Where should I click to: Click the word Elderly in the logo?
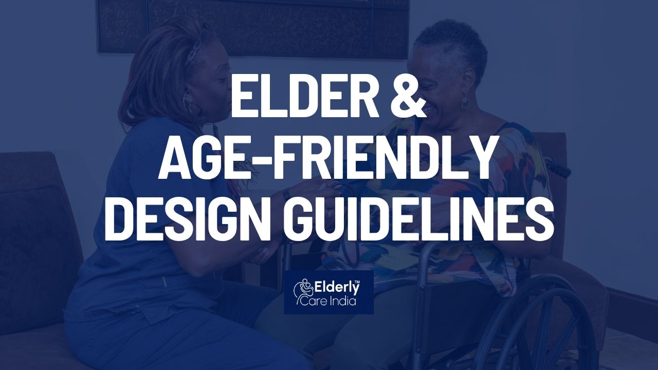[337, 289]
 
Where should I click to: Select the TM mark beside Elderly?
[357, 283]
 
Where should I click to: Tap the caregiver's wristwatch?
[286, 194]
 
